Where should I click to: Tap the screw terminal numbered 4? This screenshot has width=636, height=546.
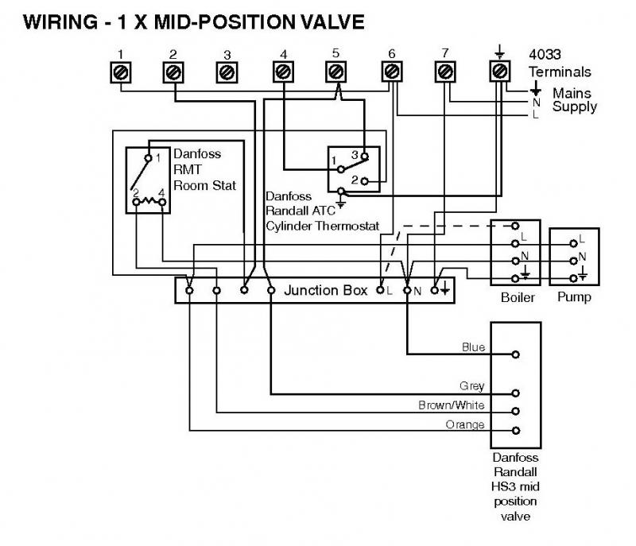283,72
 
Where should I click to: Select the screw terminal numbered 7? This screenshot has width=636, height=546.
445,72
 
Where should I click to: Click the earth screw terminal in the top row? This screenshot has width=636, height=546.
498,72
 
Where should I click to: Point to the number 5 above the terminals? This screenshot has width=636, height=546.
335,53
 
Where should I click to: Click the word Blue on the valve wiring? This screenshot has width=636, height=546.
474,347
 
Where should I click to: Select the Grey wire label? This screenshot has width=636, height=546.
472,386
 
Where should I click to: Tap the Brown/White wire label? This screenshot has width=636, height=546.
452,405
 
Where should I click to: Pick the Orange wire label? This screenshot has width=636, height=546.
465,424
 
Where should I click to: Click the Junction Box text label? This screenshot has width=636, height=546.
326,290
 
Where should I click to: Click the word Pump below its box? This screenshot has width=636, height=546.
574,298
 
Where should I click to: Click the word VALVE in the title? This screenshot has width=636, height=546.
326,21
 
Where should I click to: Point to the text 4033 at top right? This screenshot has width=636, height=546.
546,55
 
